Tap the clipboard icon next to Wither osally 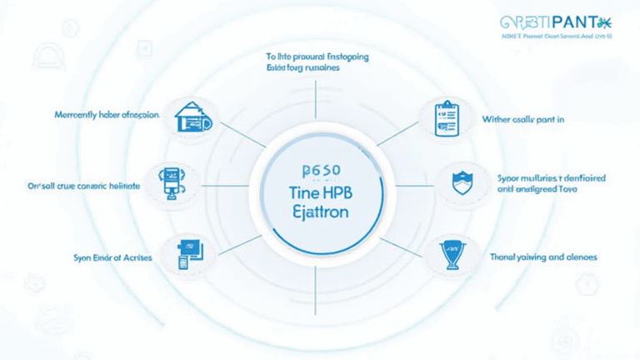pyautogui.click(x=447, y=118)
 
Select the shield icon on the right pyautogui.click(x=461, y=183)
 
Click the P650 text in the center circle pyautogui.click(x=320, y=171)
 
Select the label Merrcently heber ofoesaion pyautogui.click(x=107, y=115)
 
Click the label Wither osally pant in pyautogui.click(x=523, y=120)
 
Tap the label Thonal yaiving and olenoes pyautogui.click(x=544, y=257)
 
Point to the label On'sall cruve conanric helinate pyautogui.click(x=84, y=187)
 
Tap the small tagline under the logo pyautogui.click(x=557, y=38)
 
